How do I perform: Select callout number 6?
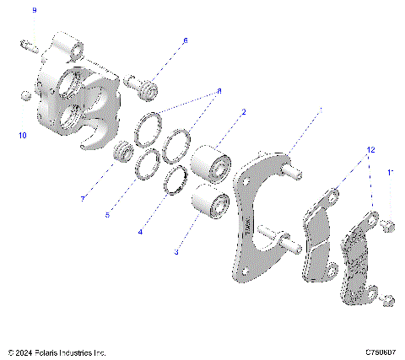[185, 40]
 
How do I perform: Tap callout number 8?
[219, 90]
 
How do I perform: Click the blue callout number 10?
[23, 135]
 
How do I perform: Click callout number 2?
[244, 111]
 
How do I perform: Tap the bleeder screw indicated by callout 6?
[146, 85]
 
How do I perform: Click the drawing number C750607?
[381, 352]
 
